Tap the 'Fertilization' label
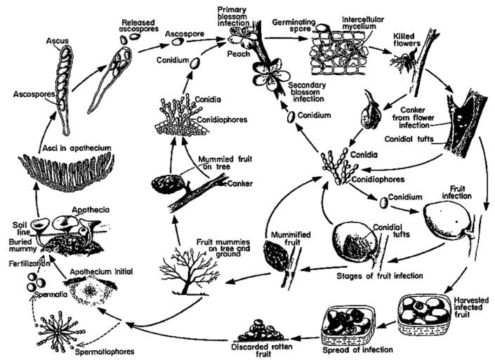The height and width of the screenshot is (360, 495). (x=25, y=261)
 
